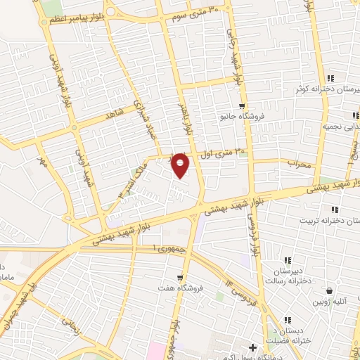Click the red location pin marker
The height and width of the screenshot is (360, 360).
(x=180, y=165)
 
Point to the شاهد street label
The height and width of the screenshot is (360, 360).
(x=114, y=112)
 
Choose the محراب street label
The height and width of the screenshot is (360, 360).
(x=299, y=162)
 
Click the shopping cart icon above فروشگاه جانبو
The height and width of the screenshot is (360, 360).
(x=242, y=105)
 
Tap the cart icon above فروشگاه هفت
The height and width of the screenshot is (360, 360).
(x=181, y=277)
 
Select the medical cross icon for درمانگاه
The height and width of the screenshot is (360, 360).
(x=253, y=347)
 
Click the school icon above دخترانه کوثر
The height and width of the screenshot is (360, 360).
(x=330, y=77)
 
